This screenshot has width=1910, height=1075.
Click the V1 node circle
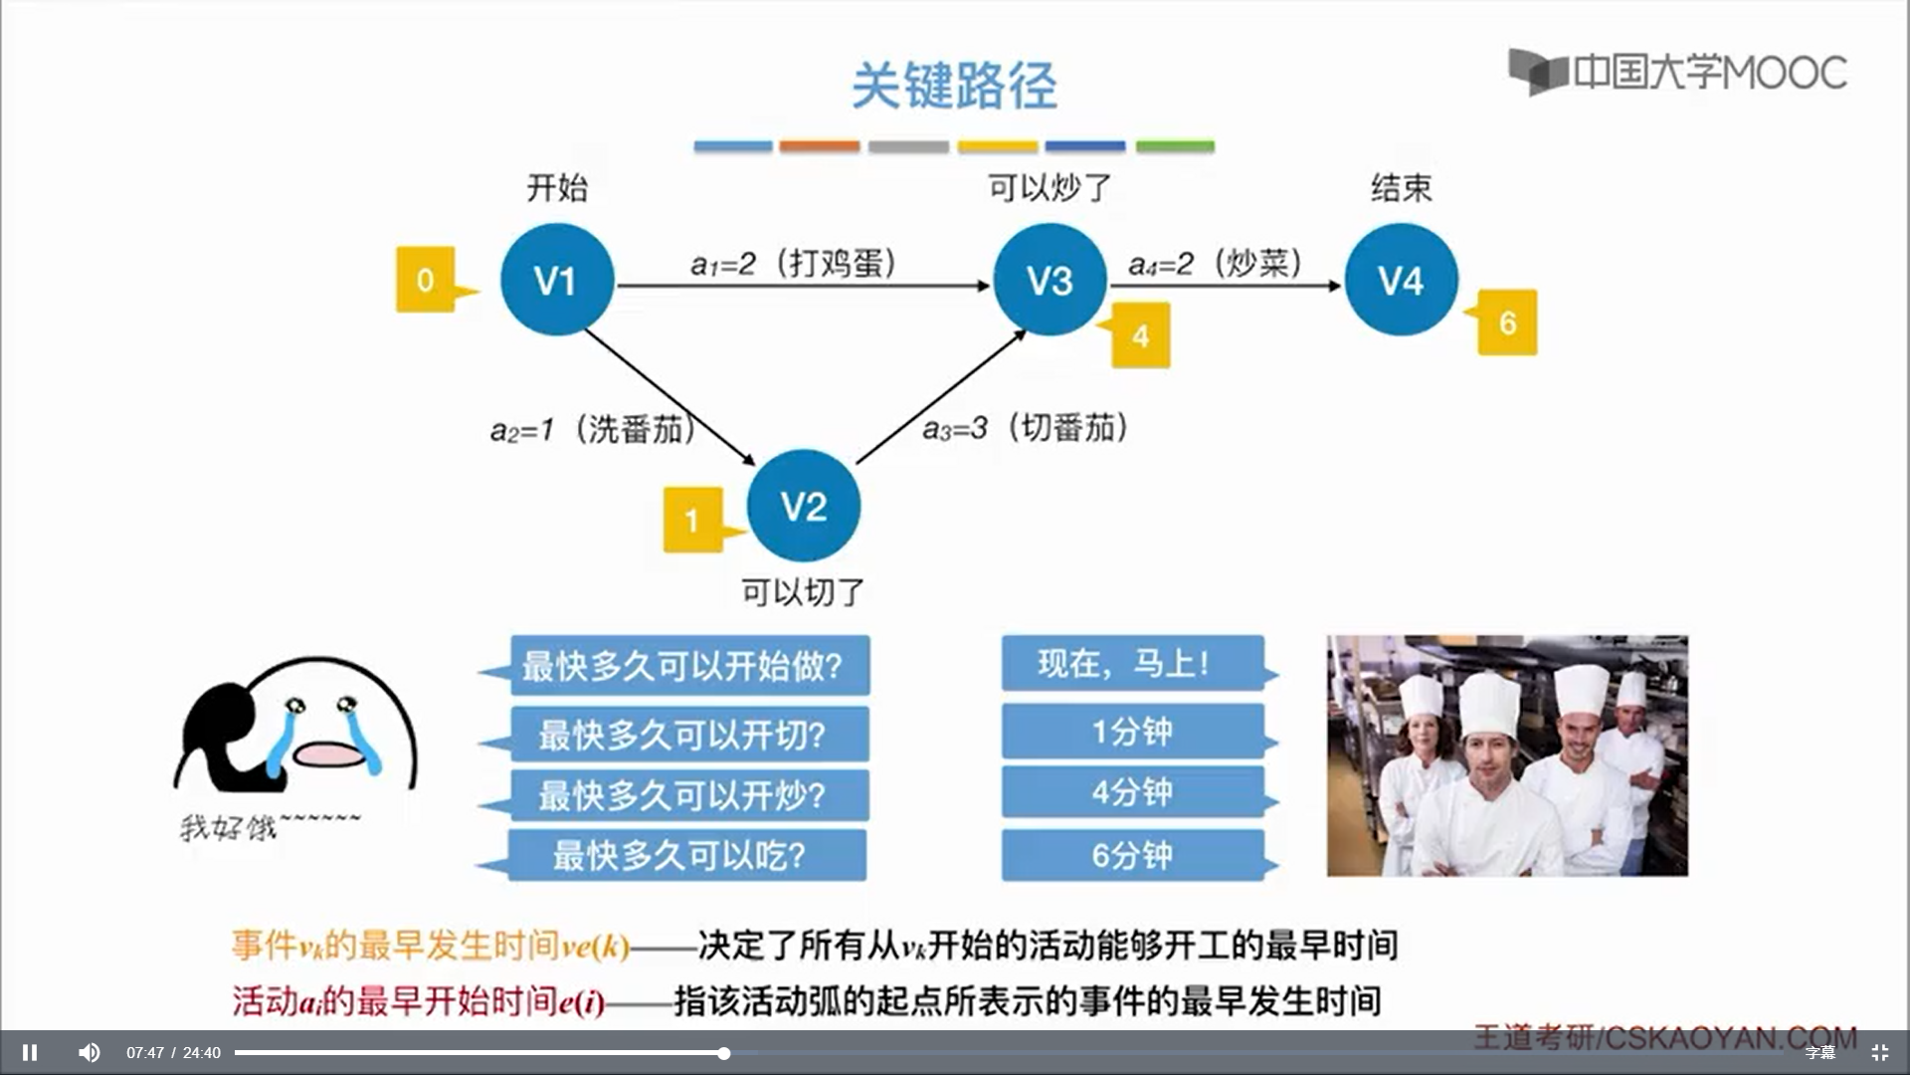(556, 280)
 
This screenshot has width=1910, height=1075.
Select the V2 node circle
(803, 506)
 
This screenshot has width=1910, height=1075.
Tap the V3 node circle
(1050, 280)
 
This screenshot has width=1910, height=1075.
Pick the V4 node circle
(1401, 280)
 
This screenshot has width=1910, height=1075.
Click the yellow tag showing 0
(426, 280)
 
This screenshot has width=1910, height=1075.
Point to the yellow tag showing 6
(1507, 322)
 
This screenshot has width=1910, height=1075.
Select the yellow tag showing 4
(1140, 335)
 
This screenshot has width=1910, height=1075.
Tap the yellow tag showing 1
(692, 520)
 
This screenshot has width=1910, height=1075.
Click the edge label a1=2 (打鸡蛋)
(794, 263)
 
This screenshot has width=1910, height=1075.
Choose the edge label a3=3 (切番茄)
(1026, 428)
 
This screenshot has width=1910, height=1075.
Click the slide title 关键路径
(954, 86)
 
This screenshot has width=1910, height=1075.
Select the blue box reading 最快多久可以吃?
(686, 855)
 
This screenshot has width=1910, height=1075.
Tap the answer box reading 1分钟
(1132, 732)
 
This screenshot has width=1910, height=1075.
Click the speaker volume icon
(89, 1052)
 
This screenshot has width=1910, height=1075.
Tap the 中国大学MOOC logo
(1677, 72)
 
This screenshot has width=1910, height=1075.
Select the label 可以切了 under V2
(803, 593)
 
